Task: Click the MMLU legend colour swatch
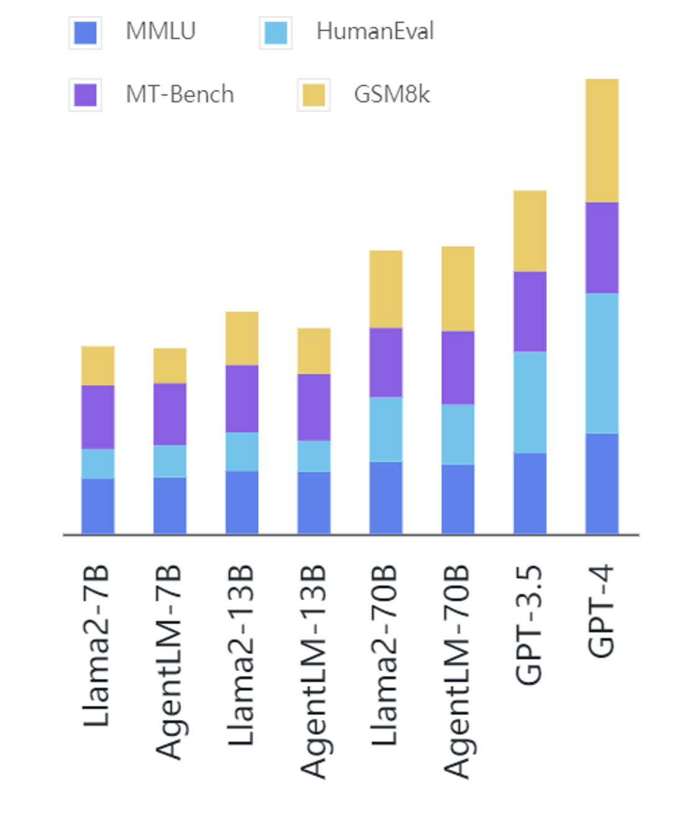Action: [x=85, y=32]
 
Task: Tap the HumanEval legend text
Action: [x=374, y=31]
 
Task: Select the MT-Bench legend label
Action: [x=179, y=94]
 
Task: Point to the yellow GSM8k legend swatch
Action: [x=314, y=95]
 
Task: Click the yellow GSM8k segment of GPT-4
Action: [x=602, y=140]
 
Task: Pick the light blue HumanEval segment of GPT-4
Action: [x=602, y=363]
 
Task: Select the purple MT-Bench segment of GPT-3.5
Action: [x=530, y=312]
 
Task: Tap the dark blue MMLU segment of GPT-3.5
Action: [x=530, y=493]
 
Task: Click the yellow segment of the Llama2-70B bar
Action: [x=386, y=289]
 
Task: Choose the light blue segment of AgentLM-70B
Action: [x=458, y=434]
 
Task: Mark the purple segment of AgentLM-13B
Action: [x=314, y=407]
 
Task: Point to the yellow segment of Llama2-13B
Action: [x=242, y=338]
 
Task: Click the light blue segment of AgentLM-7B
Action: [x=170, y=461]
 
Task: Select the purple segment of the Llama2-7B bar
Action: [x=97, y=417]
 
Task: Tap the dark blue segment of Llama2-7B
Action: [x=97, y=506]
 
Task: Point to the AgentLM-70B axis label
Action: [x=457, y=672]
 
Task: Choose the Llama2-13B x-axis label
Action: [x=241, y=655]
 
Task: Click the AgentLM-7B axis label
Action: [x=169, y=662]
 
